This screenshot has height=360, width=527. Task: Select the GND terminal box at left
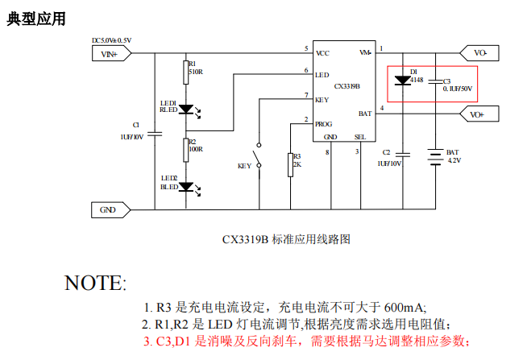[108, 209]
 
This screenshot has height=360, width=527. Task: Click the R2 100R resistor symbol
[185, 148]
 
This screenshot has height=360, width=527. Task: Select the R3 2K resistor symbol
[289, 163]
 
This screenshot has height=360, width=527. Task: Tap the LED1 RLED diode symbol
[186, 108]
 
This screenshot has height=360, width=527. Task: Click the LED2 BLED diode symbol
[186, 187]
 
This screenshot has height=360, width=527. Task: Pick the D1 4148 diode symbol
[403, 80]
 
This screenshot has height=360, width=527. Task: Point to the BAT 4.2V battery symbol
[436, 155]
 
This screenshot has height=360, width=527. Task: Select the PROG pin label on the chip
[323, 124]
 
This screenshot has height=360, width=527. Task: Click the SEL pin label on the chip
[360, 137]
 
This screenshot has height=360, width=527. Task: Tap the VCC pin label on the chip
[322, 53]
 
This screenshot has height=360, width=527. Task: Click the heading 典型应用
[36, 18]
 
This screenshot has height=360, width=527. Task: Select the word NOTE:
[95, 283]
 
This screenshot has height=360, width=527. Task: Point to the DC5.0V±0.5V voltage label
[111, 40]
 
